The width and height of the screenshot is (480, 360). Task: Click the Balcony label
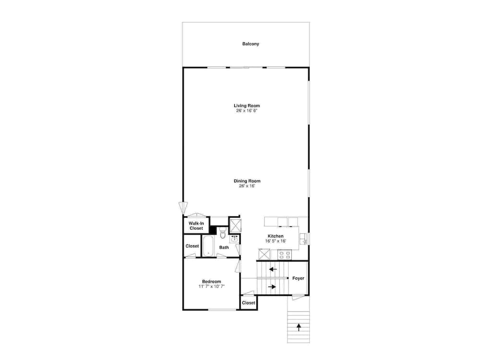[251, 44]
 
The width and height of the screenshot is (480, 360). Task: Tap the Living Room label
[247, 106]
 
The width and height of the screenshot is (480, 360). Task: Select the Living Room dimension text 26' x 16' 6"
[247, 110]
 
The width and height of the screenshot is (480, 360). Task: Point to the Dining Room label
[247, 181]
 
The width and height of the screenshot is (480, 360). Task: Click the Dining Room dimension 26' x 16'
[247, 186]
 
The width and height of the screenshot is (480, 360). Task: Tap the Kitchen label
[276, 236]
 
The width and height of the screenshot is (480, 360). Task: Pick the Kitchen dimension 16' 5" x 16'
[276, 241]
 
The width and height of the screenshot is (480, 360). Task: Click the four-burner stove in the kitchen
[285, 255]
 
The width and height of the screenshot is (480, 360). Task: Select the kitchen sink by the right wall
[303, 239]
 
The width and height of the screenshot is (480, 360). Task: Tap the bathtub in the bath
[208, 246]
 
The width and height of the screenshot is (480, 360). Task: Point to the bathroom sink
[235, 239]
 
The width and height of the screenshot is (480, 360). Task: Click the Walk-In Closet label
[196, 226]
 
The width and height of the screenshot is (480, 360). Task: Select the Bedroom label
[212, 282]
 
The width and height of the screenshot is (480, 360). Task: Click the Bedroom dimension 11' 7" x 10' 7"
[212, 287]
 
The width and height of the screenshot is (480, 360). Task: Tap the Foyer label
[298, 278]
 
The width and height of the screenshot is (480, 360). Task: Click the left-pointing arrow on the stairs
[273, 270]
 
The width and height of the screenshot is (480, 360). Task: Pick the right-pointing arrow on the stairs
[272, 287]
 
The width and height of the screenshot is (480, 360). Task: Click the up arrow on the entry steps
[299, 327]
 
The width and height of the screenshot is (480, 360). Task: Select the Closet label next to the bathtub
[192, 246]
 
